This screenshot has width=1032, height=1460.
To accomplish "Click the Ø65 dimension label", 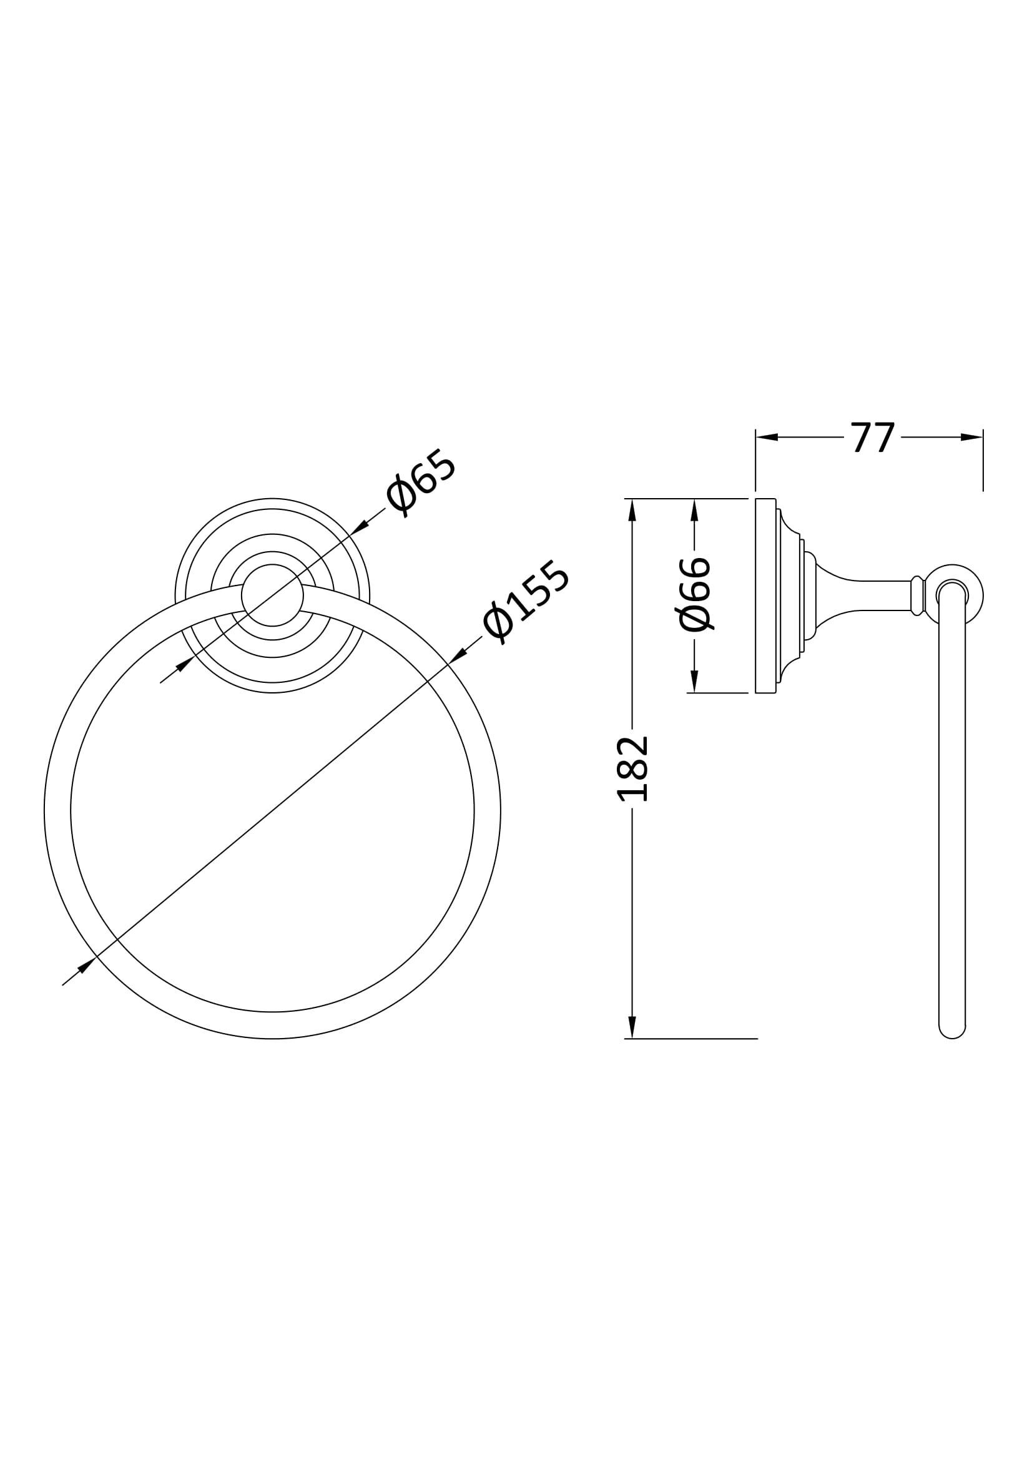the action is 420,483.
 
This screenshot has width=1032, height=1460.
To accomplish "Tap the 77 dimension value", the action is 873,438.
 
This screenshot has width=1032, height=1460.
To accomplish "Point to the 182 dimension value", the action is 632,769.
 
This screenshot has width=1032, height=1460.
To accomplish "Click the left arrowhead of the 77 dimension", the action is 767,438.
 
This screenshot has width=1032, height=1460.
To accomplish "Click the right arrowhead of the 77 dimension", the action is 971,438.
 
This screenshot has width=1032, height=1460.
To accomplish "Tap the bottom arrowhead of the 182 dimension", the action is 631,1026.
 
